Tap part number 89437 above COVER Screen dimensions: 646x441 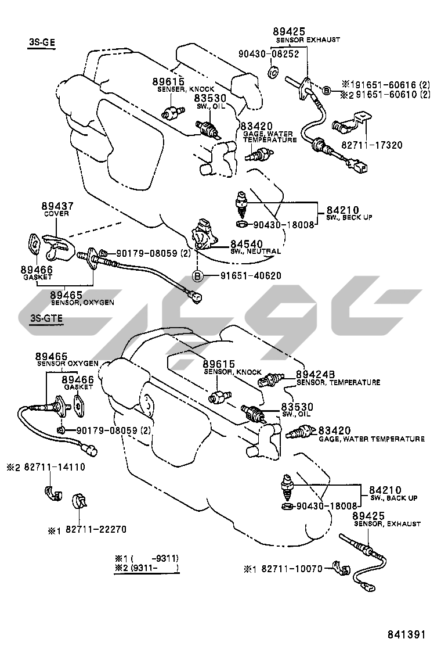click(56, 206)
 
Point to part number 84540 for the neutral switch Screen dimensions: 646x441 click(246, 243)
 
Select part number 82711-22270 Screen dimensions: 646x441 click(95, 529)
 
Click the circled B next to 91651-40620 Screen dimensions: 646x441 click(197, 275)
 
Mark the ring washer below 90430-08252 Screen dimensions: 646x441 click(273, 73)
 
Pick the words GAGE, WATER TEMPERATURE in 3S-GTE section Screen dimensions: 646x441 click(371, 439)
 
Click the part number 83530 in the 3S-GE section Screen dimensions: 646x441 click(209, 99)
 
